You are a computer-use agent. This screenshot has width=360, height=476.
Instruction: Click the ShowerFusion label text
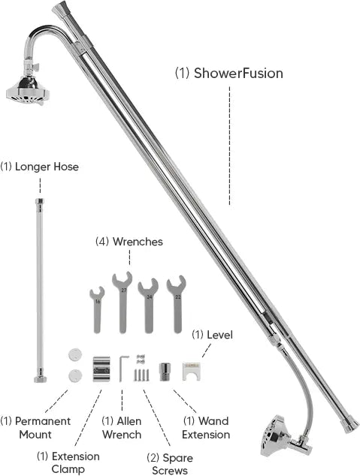[229, 74]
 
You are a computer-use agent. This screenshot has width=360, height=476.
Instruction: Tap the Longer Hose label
[40, 167]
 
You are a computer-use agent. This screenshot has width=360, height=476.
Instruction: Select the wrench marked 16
[97, 309]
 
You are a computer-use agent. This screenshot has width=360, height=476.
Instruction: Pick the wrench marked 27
[123, 303]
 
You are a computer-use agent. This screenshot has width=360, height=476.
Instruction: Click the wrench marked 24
[149, 306]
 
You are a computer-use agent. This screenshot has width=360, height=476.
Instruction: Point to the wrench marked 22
[177, 304]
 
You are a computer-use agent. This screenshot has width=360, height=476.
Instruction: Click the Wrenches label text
[129, 242]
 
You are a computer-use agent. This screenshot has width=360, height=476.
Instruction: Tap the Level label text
[213, 335]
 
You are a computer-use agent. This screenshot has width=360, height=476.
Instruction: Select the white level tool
[192, 371]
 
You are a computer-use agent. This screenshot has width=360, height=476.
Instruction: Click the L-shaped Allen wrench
[121, 368]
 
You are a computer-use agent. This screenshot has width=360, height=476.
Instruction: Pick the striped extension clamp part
[101, 369]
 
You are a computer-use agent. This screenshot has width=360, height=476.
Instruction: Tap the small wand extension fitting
[165, 372]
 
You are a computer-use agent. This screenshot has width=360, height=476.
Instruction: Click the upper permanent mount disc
[75, 354]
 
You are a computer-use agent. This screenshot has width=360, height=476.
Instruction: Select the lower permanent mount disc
[75, 375]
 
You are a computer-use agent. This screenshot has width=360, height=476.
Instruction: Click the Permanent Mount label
[35, 428]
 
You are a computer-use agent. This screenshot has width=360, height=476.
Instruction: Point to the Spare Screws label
[170, 464]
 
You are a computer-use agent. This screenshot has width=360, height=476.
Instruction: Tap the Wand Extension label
[206, 428]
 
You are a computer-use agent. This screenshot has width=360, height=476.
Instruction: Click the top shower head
[28, 90]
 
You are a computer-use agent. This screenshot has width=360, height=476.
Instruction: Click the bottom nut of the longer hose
[40, 378]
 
